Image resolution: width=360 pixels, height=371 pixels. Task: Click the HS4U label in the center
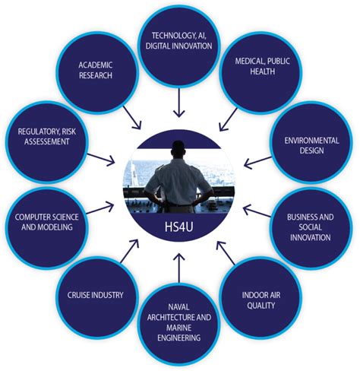[178, 228]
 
